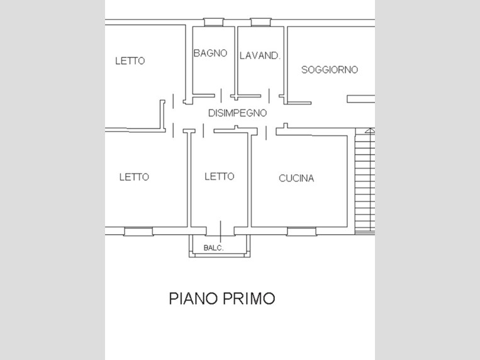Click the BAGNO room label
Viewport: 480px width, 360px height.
coord(210,53)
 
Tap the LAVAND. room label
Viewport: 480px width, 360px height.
coord(260,55)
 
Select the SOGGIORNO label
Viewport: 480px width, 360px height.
coord(330,70)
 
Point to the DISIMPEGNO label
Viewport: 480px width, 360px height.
coord(238,113)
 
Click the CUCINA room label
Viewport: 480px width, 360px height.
coord(296,178)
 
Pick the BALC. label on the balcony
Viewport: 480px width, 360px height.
coord(214,247)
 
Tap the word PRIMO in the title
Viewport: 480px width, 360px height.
coord(248,298)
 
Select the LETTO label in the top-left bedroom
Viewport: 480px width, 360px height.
coord(130,60)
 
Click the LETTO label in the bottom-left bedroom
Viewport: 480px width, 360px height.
coord(134,177)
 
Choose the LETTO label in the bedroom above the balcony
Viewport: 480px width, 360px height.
coord(220,176)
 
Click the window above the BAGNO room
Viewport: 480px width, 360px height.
coord(214,22)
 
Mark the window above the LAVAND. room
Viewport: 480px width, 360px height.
coord(261,22)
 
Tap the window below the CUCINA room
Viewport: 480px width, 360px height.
coord(302,232)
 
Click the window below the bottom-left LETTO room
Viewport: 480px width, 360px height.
coord(138,232)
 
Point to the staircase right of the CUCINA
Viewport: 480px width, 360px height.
coord(365,181)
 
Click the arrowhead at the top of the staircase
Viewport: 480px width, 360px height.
coord(371,131)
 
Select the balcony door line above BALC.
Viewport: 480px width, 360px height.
coord(220,232)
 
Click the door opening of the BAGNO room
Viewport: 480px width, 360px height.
coord(221,96)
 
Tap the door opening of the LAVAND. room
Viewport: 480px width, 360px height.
coord(269,96)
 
